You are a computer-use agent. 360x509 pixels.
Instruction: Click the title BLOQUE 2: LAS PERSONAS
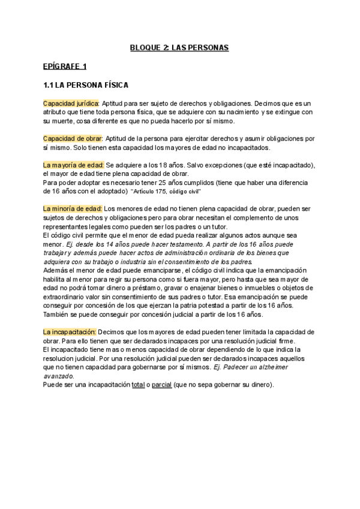(x=179, y=46)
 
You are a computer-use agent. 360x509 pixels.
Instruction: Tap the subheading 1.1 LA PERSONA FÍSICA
(x=86, y=85)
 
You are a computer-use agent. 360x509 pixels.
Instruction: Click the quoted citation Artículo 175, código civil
(x=166, y=191)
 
